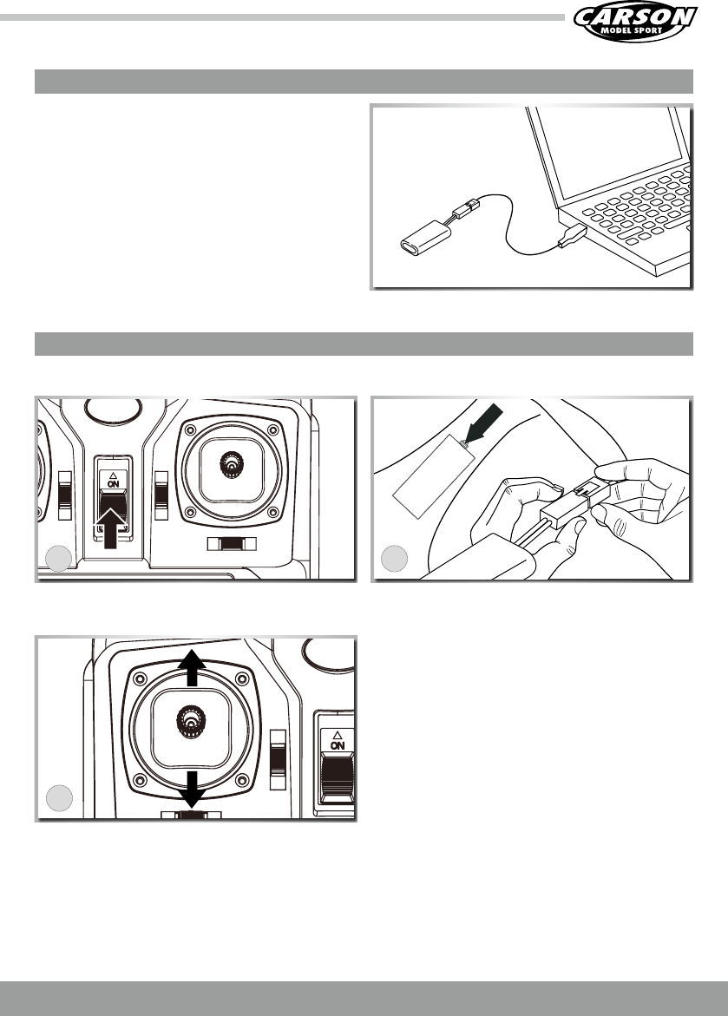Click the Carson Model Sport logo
tap(635, 23)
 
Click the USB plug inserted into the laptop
tap(573, 236)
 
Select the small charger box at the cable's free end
tap(426, 238)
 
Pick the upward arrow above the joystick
tap(192, 669)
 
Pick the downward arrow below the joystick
tap(192, 789)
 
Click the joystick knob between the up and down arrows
tap(190, 719)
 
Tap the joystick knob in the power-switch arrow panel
tap(231, 465)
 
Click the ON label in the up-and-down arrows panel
tap(338, 746)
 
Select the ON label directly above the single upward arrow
tap(114, 483)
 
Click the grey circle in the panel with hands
tap(394, 558)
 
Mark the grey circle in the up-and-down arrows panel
tap(59, 797)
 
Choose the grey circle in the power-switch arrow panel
tap(59, 559)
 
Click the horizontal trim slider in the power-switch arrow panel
tap(232, 544)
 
